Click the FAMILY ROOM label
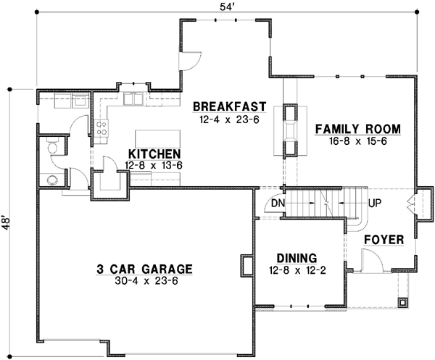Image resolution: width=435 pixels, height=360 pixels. [x=357, y=130]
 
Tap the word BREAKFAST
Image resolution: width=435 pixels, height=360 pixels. [x=230, y=107]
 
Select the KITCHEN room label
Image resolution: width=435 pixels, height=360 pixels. [x=154, y=155]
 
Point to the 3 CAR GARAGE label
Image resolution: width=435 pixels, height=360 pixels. [x=144, y=269]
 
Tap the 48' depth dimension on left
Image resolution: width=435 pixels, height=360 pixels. [x=7, y=222]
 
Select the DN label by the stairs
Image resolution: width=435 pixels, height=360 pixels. [x=276, y=204]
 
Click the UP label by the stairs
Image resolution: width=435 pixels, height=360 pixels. [x=375, y=204]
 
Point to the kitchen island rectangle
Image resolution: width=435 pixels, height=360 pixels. [x=157, y=138]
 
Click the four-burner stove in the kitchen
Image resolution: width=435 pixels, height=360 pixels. [x=102, y=129]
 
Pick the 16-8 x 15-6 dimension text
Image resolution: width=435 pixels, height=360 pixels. [x=357, y=143]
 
